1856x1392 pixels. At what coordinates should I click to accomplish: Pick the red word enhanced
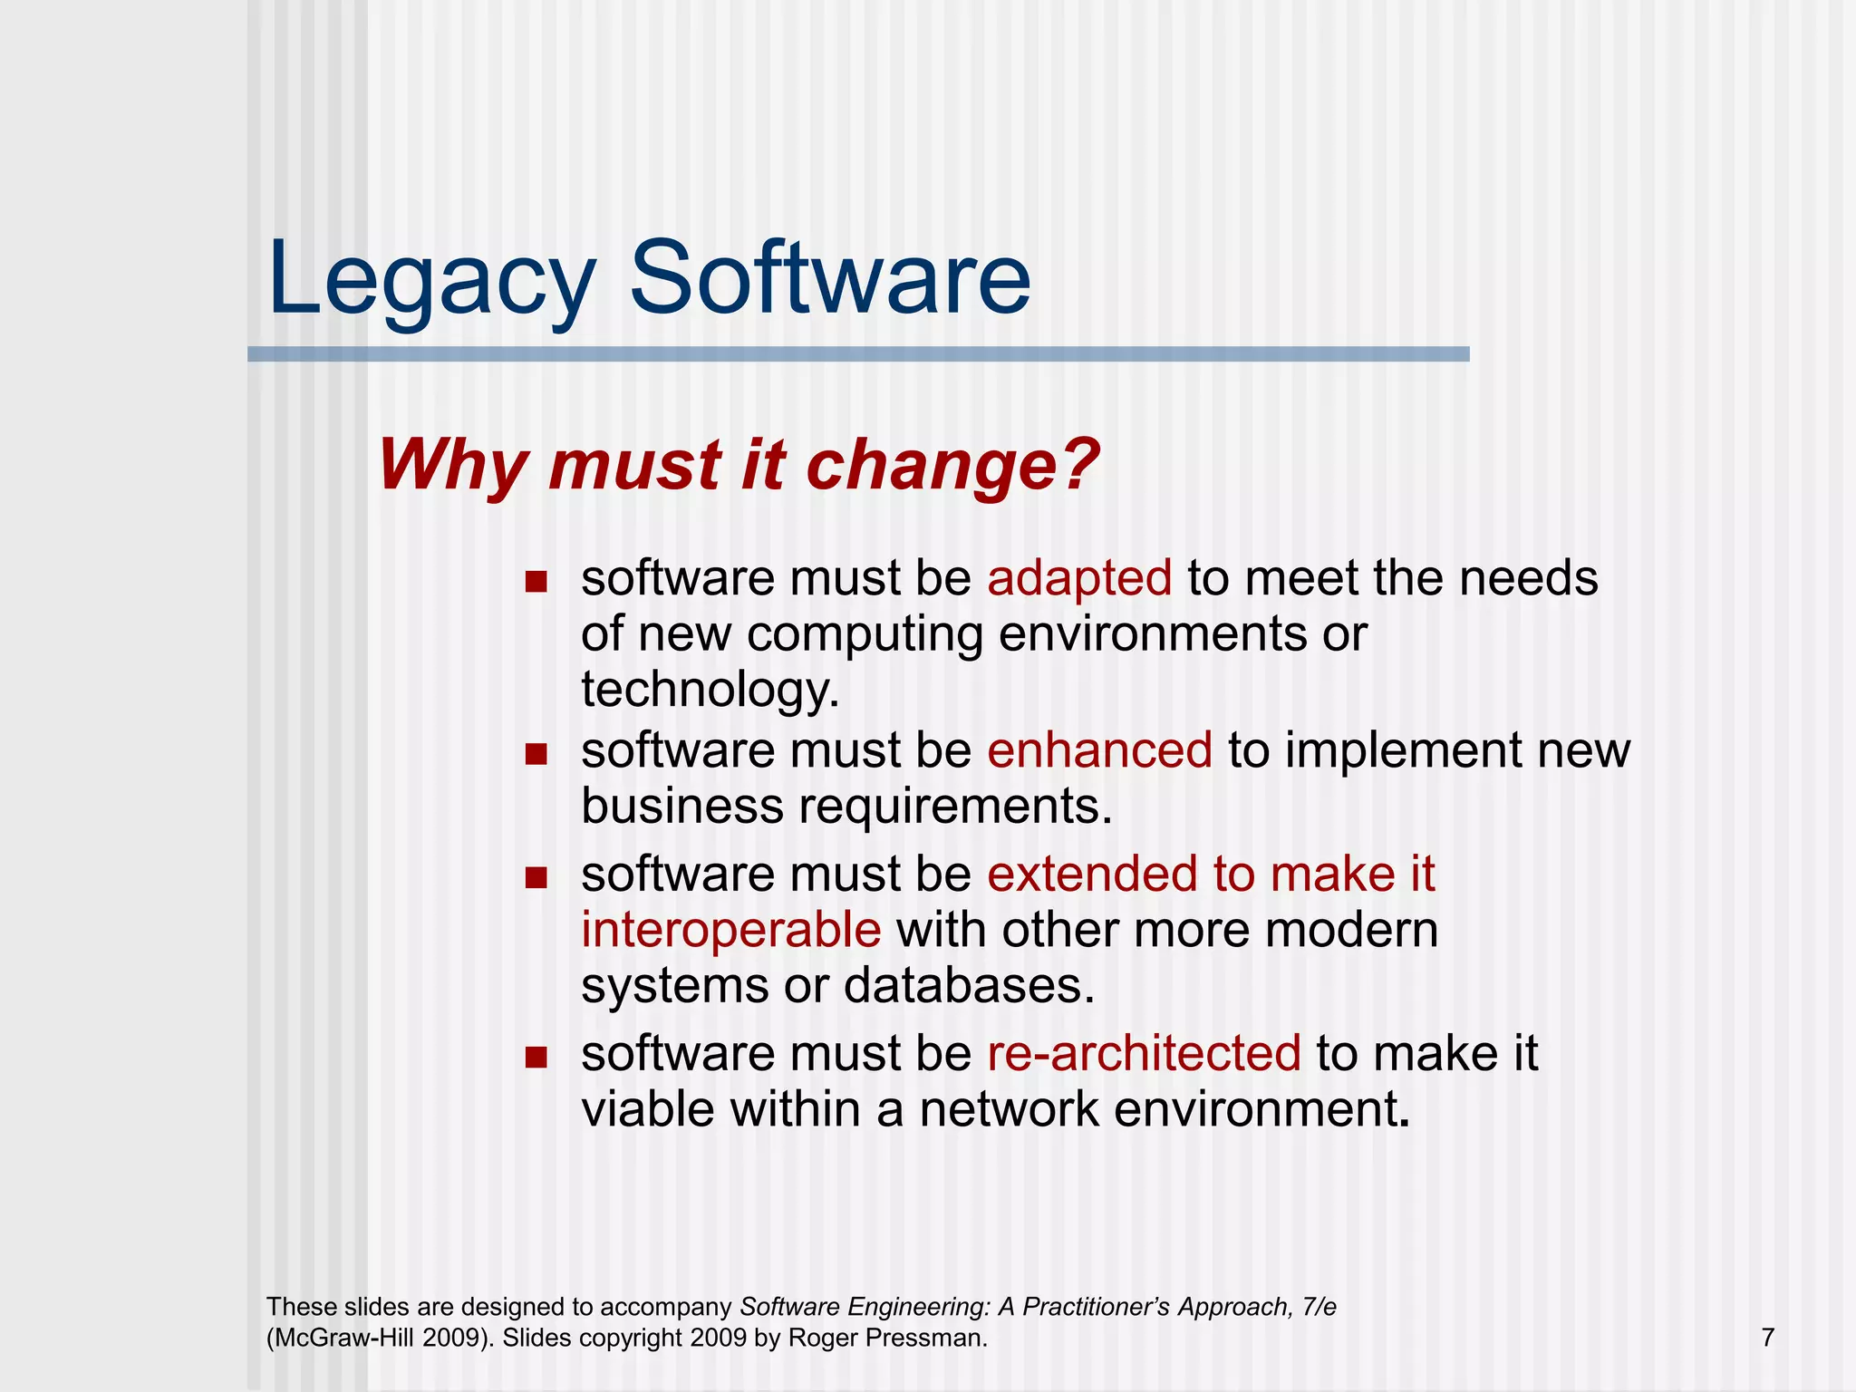(x=1099, y=750)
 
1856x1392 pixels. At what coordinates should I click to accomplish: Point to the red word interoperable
(x=730, y=930)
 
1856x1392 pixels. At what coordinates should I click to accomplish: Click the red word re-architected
(x=1144, y=1053)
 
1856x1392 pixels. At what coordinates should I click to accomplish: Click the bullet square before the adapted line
(x=536, y=581)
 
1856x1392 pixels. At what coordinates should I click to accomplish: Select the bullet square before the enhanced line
(x=536, y=753)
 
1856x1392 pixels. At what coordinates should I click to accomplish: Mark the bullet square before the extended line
(x=536, y=877)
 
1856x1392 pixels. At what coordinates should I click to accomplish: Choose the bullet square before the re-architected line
(x=536, y=1056)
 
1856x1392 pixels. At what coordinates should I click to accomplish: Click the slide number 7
(x=1767, y=1338)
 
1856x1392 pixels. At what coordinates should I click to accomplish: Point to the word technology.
(x=710, y=690)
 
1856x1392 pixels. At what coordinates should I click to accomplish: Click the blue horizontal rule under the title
(x=857, y=354)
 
